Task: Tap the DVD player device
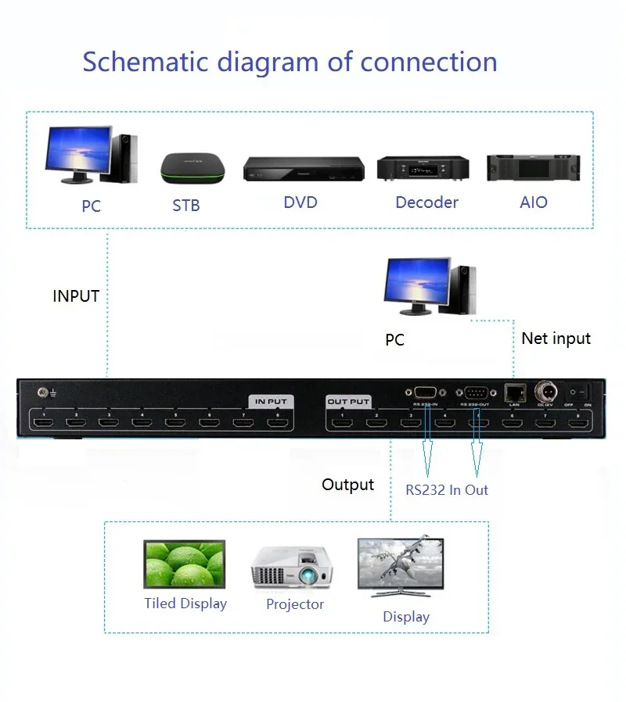pyautogui.click(x=303, y=169)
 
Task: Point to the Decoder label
pyautogui.click(x=426, y=202)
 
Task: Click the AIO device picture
pyautogui.click(x=533, y=167)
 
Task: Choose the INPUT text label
pyautogui.click(x=76, y=296)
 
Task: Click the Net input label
pyautogui.click(x=556, y=338)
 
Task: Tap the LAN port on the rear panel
pyautogui.click(x=514, y=392)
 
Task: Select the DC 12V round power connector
pyautogui.click(x=545, y=391)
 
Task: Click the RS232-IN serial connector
pyautogui.click(x=425, y=392)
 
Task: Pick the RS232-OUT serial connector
pyautogui.click(x=477, y=392)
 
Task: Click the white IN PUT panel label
pyautogui.click(x=270, y=401)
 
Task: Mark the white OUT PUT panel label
pyautogui.click(x=348, y=402)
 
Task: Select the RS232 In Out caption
pyautogui.click(x=446, y=490)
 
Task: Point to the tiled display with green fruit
pyautogui.click(x=185, y=564)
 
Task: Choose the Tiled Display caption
pyautogui.click(x=185, y=604)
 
